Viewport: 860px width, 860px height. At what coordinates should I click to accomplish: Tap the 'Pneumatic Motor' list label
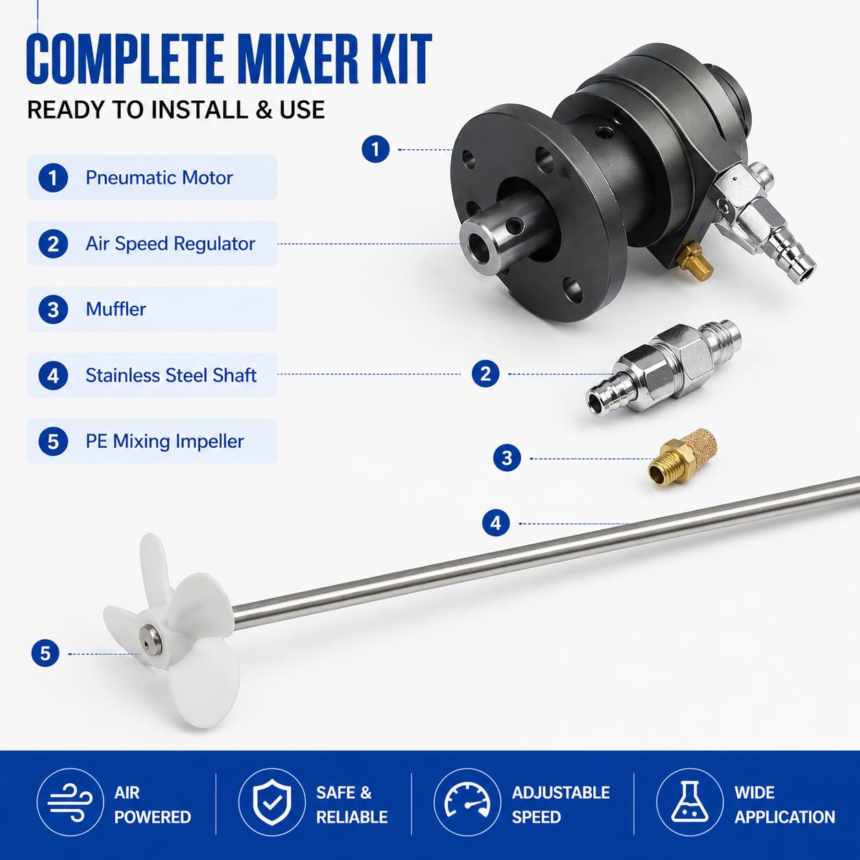[x=159, y=178]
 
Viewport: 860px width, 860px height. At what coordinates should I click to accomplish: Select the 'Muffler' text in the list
[x=116, y=309]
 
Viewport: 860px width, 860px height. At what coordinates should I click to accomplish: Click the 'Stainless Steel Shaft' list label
[x=171, y=375]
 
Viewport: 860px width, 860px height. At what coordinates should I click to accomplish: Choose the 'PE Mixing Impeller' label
[x=165, y=442]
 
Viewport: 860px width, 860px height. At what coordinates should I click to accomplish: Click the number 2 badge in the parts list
[x=53, y=244]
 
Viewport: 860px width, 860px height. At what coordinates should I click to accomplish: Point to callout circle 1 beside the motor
[x=376, y=149]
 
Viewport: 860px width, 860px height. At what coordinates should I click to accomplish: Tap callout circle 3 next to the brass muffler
[x=507, y=458]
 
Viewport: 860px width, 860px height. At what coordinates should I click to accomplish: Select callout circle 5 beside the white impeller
[x=45, y=654]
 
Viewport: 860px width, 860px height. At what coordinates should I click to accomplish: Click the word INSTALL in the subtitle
[x=200, y=110]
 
